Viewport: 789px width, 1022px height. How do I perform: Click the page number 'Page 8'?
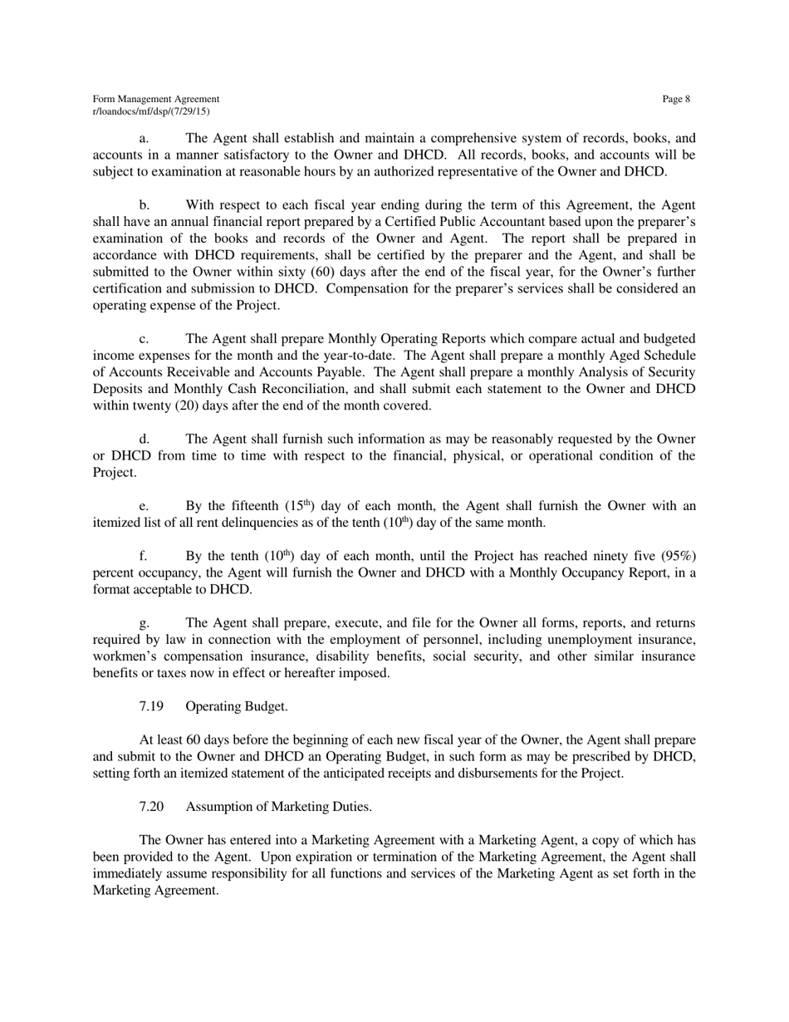coord(676,100)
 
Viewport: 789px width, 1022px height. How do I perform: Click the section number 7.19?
coord(151,706)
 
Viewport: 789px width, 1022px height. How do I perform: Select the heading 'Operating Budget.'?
coord(237,706)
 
